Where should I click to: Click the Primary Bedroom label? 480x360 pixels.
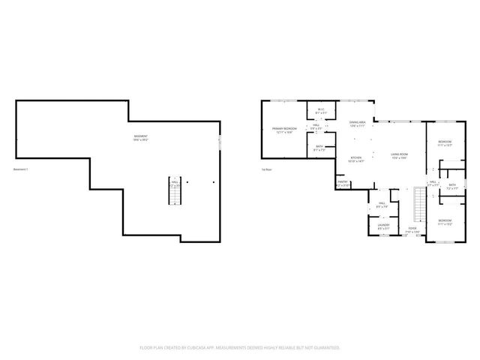pyautogui.click(x=282, y=130)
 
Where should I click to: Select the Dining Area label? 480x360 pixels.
pyautogui.click(x=357, y=124)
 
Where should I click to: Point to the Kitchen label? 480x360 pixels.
pyautogui.click(x=356, y=159)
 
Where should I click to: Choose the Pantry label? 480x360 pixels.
pyautogui.click(x=343, y=182)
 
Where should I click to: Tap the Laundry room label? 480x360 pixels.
pyautogui.click(x=382, y=226)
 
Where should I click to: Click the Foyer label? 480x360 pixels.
pyautogui.click(x=412, y=229)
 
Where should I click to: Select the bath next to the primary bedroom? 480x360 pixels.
pyautogui.click(x=319, y=148)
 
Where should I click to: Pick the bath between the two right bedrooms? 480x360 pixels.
pyautogui.click(x=452, y=187)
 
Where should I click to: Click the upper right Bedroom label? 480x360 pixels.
pyautogui.click(x=445, y=142)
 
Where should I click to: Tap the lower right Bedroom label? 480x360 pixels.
pyautogui.click(x=445, y=221)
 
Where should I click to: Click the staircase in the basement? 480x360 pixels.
pyautogui.click(x=173, y=192)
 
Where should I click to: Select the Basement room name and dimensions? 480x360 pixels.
pyautogui.click(x=140, y=138)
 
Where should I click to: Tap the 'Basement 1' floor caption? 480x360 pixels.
pyautogui.click(x=21, y=169)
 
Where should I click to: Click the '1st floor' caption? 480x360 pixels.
pyautogui.click(x=265, y=169)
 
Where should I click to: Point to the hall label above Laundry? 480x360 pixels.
pyautogui.click(x=382, y=204)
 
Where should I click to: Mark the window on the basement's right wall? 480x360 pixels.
pyautogui.click(x=220, y=142)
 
